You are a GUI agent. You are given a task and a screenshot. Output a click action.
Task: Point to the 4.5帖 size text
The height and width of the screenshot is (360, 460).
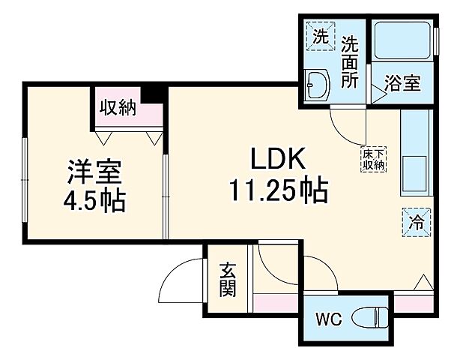point(94,200)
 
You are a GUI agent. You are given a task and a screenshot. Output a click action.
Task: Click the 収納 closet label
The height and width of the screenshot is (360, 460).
point(118,107)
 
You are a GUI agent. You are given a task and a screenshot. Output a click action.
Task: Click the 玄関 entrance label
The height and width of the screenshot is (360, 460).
point(229,279)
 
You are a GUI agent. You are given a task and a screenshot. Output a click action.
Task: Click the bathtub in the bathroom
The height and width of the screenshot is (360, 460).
point(402,42)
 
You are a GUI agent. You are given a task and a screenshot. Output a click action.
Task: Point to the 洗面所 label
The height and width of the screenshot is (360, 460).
point(350,62)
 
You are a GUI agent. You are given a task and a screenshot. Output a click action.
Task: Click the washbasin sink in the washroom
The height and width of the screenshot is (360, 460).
point(318,84)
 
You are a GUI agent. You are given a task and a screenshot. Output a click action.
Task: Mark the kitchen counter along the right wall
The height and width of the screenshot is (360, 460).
point(414,157)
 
